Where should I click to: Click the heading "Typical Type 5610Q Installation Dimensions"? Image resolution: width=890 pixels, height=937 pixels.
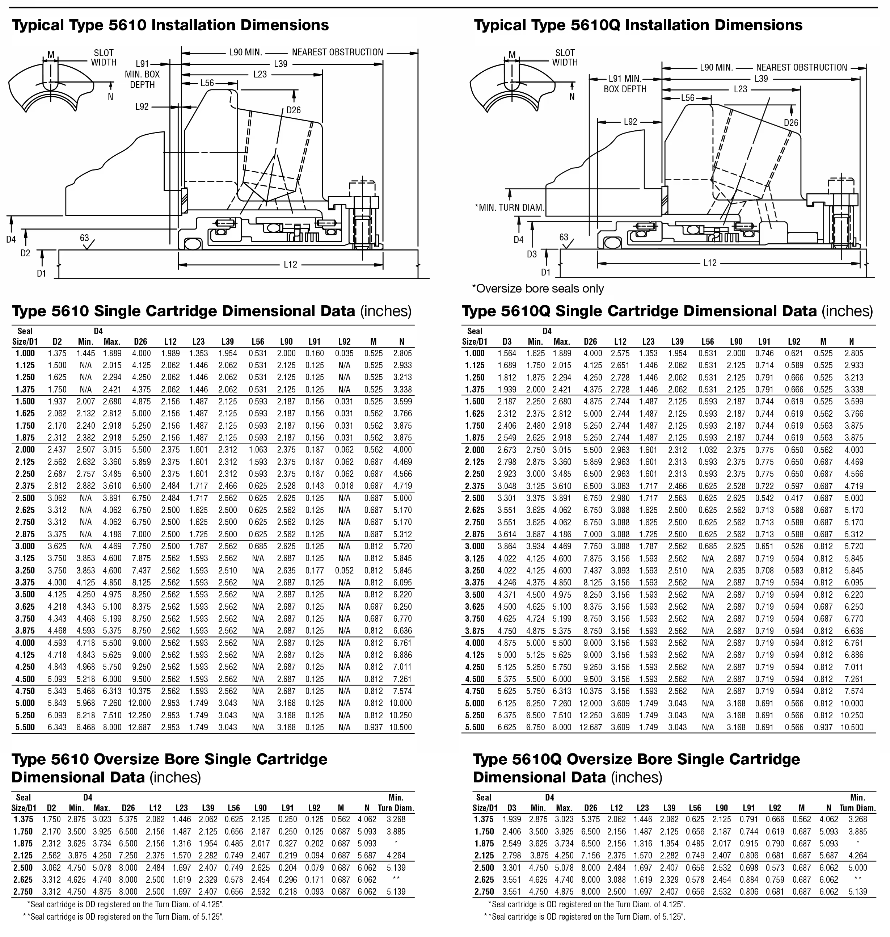tap(638, 25)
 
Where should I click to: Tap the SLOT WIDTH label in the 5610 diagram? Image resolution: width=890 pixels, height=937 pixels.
tap(104, 58)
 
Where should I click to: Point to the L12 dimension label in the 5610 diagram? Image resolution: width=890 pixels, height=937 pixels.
tap(290, 264)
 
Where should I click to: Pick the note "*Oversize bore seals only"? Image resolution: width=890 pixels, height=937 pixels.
tap(537, 289)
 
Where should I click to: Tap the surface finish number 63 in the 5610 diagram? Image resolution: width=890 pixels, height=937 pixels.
tap(84, 238)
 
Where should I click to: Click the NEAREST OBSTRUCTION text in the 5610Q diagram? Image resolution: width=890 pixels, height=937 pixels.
tap(801, 67)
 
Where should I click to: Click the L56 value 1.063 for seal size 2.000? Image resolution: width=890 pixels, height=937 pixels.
tap(258, 450)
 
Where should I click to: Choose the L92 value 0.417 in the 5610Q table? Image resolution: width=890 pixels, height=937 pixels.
tap(794, 498)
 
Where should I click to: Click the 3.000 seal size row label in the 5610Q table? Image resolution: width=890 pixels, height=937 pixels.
tap(474, 546)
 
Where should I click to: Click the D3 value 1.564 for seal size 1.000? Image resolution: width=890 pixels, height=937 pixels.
tap(507, 353)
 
